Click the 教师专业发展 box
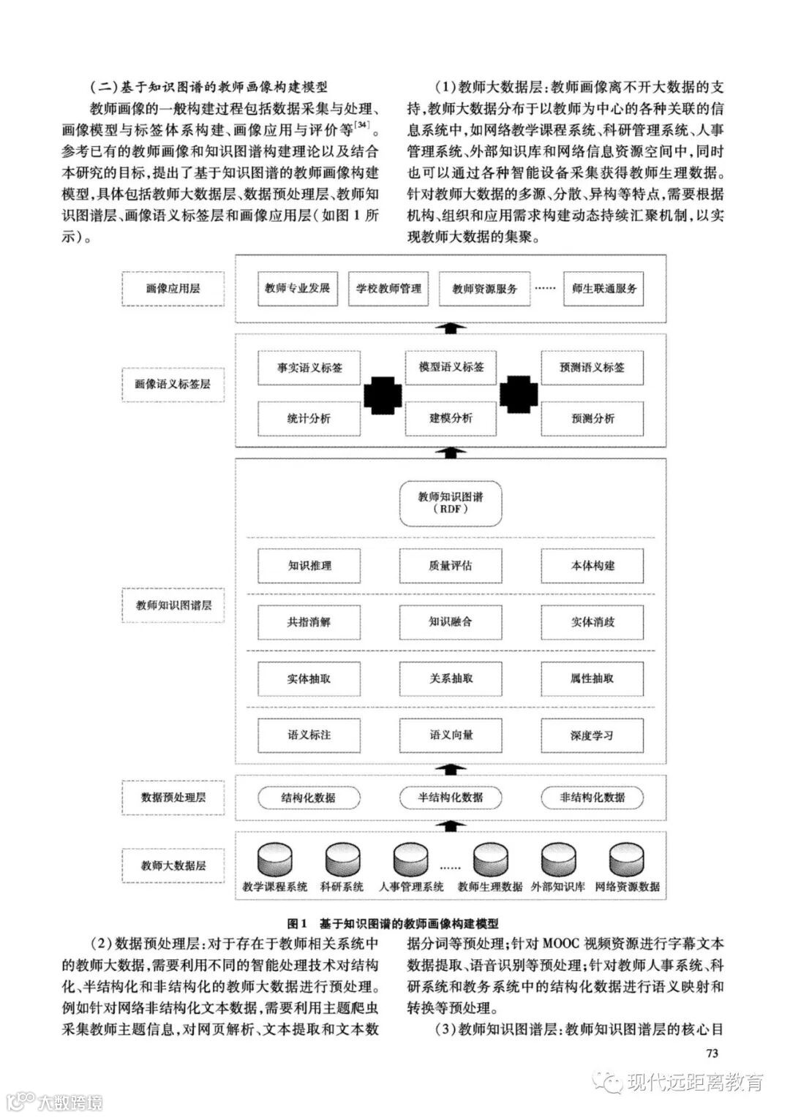(298, 288)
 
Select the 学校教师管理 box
(388, 288)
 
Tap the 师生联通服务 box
(604, 288)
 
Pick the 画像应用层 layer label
(173, 288)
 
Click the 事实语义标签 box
(309, 368)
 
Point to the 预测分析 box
(592, 419)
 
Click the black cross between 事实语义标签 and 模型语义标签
(383, 394)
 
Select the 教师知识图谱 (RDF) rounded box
(451, 503)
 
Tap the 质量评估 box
(451, 565)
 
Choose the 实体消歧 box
(592, 622)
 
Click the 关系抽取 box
(451, 678)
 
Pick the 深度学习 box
(592, 735)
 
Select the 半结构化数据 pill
(451, 797)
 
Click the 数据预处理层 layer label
(173, 797)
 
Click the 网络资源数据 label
(627, 887)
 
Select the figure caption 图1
(300, 923)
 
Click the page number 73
(713, 1053)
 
